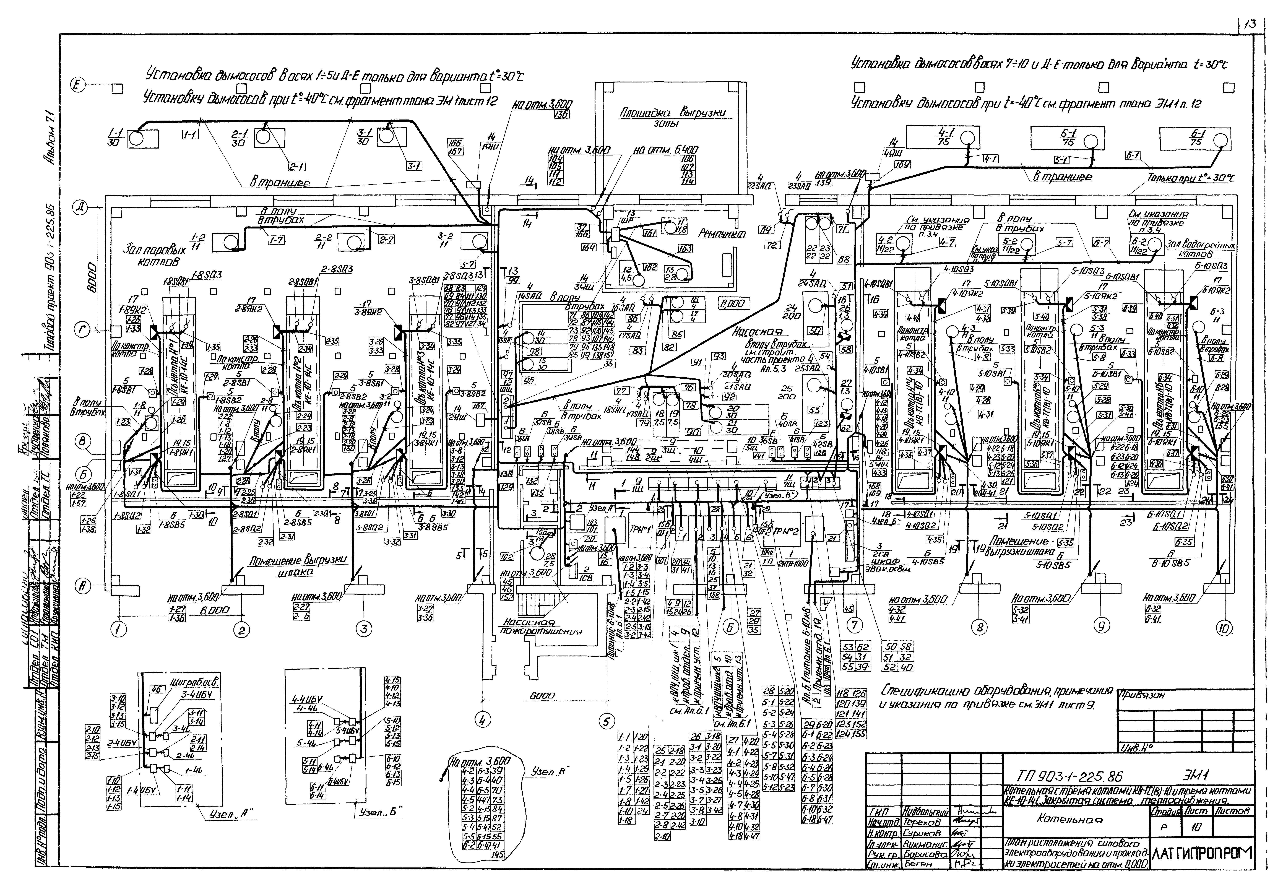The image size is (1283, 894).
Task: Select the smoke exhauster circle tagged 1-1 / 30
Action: click(x=136, y=137)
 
